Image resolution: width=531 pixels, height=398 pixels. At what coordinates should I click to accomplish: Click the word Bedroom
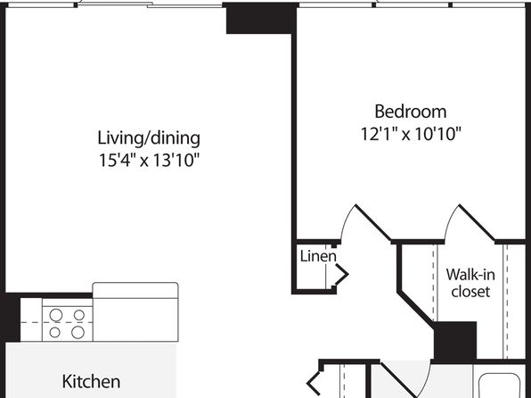pyautogui.click(x=411, y=112)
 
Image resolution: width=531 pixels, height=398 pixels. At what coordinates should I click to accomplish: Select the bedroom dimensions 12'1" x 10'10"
pyautogui.click(x=411, y=134)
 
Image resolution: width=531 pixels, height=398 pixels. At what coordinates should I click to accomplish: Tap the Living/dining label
pyautogui.click(x=149, y=139)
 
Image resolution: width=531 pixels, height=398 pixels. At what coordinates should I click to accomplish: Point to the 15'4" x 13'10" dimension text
pyautogui.click(x=149, y=160)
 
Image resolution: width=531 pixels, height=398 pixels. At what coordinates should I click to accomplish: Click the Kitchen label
pyautogui.click(x=91, y=381)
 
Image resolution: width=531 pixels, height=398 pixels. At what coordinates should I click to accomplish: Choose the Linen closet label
pyautogui.click(x=318, y=256)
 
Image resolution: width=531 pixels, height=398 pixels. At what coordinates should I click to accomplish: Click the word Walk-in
pyautogui.click(x=470, y=274)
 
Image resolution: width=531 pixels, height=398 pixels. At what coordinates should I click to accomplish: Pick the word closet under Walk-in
pyautogui.click(x=470, y=292)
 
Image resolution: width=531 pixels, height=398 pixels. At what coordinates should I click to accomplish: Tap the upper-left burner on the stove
pyautogui.click(x=56, y=315)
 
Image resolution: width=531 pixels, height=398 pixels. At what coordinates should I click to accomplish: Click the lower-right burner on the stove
pyautogui.click(x=78, y=332)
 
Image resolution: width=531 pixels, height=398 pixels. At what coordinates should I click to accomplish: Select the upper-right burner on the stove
pyautogui.click(x=79, y=315)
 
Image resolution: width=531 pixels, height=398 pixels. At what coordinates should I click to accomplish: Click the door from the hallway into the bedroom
pyautogui.click(x=372, y=222)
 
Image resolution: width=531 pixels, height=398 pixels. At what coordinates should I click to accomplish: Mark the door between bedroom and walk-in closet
pyautogui.click(x=477, y=222)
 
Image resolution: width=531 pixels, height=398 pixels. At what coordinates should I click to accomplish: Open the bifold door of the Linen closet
pyautogui.click(x=340, y=274)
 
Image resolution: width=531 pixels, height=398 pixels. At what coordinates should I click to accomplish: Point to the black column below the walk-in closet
pyautogui.click(x=454, y=340)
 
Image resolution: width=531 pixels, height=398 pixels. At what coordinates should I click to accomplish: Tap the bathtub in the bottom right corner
pyautogui.click(x=500, y=386)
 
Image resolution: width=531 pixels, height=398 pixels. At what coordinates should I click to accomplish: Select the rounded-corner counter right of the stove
pyautogui.click(x=135, y=311)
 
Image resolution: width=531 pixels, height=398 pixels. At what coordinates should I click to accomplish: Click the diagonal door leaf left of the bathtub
pyautogui.click(x=397, y=380)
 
